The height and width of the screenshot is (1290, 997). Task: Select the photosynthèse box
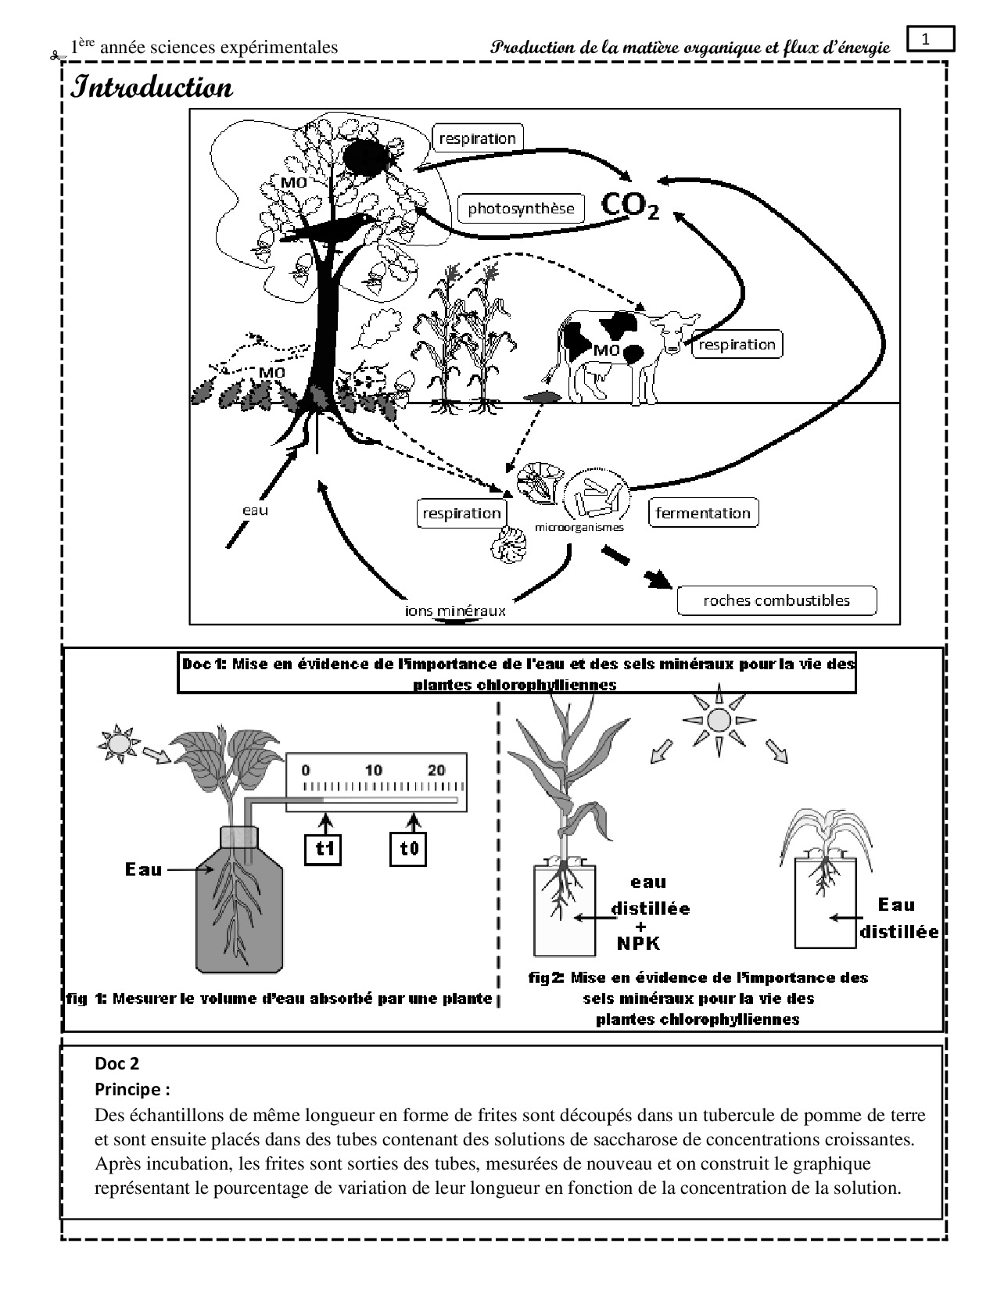point(521,208)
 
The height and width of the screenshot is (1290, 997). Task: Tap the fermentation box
point(703,513)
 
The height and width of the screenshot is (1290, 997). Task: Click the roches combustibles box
point(776,600)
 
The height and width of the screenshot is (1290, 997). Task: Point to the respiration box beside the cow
point(737,344)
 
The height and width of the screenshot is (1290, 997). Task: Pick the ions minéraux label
point(455,611)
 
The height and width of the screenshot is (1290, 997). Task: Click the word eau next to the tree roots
point(256,510)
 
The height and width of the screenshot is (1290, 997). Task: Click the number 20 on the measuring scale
point(436,770)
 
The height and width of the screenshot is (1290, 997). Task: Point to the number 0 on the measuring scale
point(306,770)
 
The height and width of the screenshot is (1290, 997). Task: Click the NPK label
point(638,943)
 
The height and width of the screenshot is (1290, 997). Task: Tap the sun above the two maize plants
point(718,719)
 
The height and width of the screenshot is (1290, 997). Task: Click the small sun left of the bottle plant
point(119,739)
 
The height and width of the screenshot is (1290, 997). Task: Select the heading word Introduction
point(152,87)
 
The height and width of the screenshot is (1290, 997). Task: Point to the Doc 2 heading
point(117,1063)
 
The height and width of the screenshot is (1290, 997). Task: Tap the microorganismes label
point(579,527)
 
